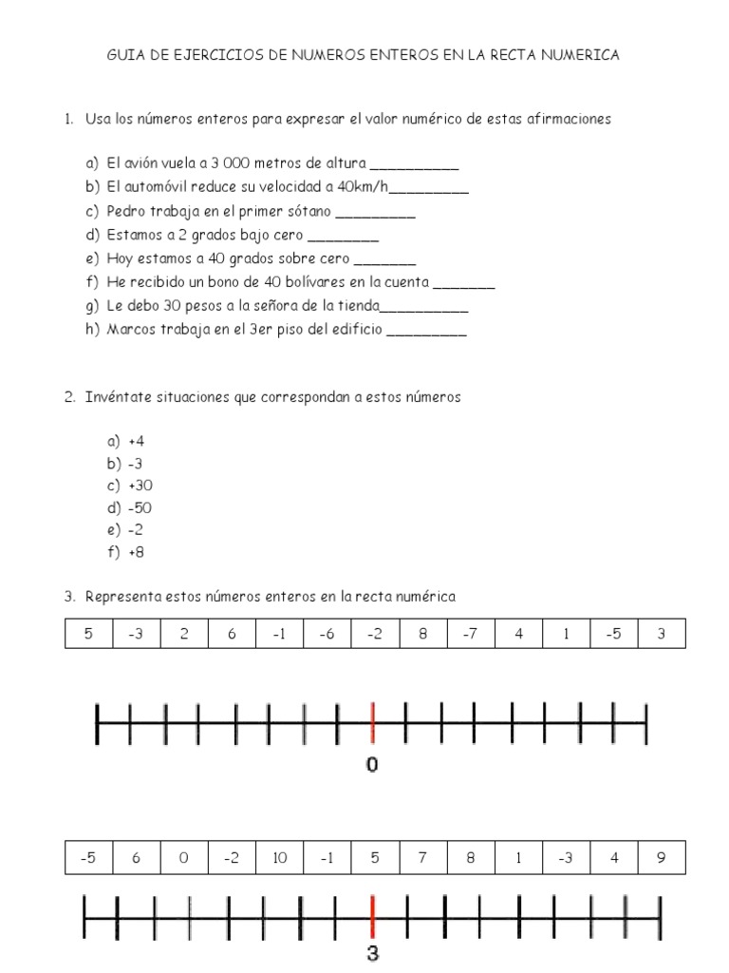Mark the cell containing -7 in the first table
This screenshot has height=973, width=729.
[470, 634]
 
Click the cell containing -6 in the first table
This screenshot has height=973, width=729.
[327, 634]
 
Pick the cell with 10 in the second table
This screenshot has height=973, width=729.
[279, 858]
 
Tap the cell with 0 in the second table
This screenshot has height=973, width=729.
[184, 858]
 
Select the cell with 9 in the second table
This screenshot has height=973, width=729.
[662, 858]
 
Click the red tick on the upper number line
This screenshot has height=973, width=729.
[373, 724]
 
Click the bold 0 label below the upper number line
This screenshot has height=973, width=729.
[372, 764]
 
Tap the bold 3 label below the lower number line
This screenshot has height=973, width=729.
[373, 954]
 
